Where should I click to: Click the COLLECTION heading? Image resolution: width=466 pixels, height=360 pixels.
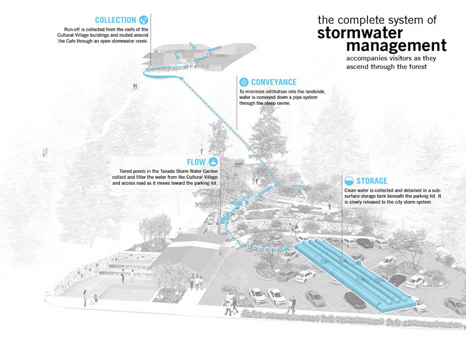tap(115, 20)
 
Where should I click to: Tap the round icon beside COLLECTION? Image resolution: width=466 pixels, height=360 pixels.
tap(144, 20)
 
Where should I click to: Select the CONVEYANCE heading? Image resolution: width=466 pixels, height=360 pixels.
tap(274, 82)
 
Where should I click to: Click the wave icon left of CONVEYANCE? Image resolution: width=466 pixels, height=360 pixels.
tap(244, 82)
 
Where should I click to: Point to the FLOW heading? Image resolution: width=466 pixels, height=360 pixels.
tap(197, 162)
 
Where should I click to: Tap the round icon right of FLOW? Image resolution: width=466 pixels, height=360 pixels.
tap(214, 162)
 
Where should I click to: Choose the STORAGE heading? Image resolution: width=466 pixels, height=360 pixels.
tap(372, 181)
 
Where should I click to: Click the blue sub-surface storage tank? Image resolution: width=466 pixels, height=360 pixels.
tap(354, 275)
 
